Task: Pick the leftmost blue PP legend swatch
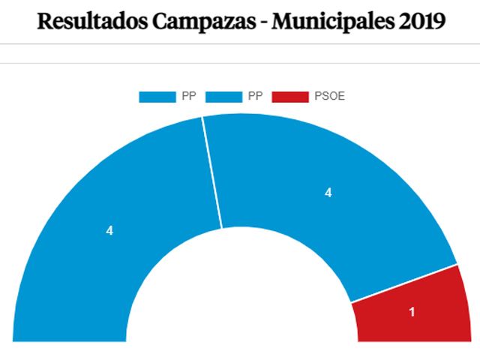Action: pyautogui.click(x=157, y=97)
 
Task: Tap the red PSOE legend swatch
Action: pyautogui.click(x=290, y=97)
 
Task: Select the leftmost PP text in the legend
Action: pyautogui.click(x=189, y=97)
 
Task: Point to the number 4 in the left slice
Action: pyautogui.click(x=109, y=231)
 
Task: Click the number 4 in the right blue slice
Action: pyautogui.click(x=328, y=193)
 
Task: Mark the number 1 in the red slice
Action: pyautogui.click(x=412, y=312)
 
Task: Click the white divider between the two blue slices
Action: pyautogui.click(x=212, y=172)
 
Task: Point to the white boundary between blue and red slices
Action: pyautogui.click(x=403, y=283)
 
